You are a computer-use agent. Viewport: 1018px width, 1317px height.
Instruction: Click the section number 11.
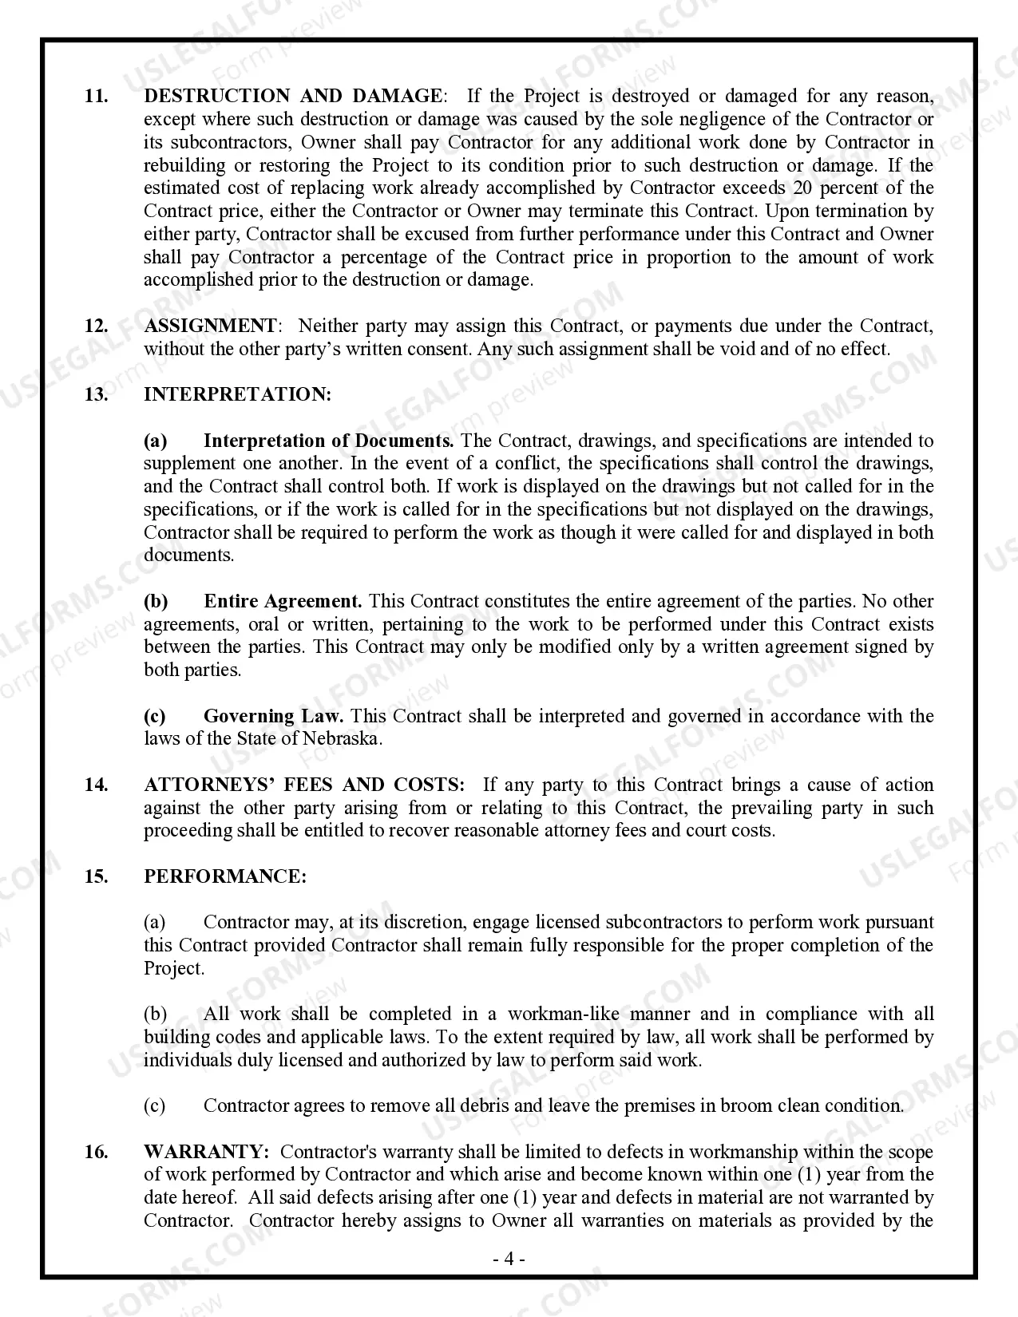[97, 97]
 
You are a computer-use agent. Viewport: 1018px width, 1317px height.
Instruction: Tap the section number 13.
[97, 395]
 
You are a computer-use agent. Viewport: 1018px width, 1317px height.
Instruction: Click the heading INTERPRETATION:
[237, 395]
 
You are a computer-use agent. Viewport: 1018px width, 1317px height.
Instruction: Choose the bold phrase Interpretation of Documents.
[328, 441]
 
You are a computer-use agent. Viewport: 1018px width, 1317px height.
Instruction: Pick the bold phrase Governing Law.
[274, 717]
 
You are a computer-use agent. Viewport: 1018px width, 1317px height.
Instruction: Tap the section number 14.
[97, 785]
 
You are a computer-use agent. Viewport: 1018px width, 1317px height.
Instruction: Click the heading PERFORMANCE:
[225, 877]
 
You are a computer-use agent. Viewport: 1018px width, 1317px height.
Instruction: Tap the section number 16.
[97, 1153]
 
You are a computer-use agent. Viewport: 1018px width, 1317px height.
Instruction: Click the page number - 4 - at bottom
[508, 1260]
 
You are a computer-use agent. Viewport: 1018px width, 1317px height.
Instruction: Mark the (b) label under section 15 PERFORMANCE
[155, 1014]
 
